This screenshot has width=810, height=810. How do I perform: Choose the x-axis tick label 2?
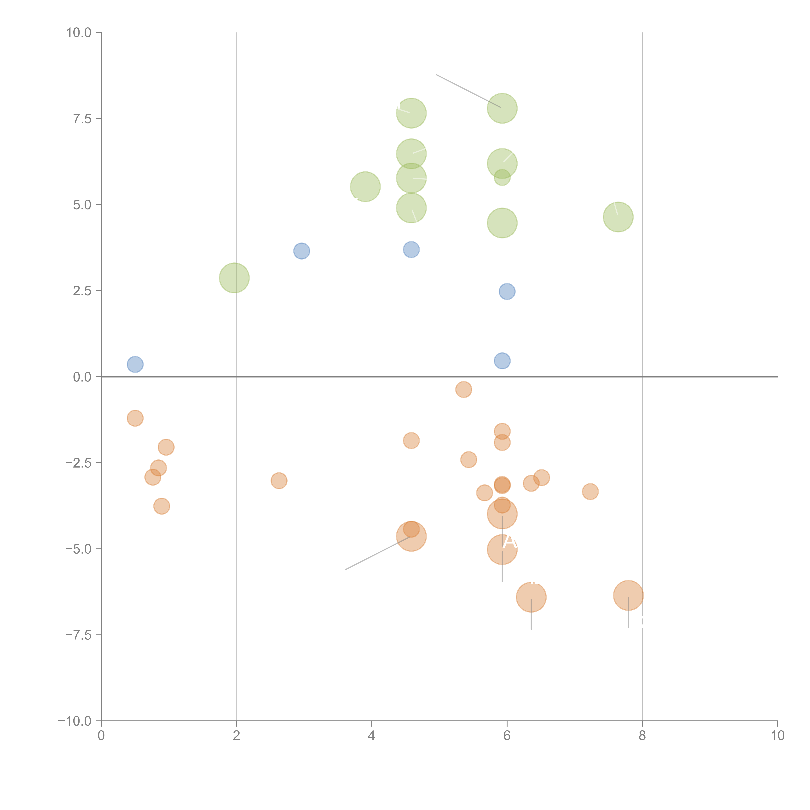tap(237, 736)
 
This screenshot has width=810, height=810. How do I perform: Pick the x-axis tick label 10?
tap(777, 736)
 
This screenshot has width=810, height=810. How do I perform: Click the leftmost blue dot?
tap(135, 364)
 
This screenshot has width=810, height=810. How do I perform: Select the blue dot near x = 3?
tap(301, 251)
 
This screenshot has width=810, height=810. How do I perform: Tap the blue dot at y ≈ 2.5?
tap(507, 291)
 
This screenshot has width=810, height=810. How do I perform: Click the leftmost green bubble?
tap(234, 278)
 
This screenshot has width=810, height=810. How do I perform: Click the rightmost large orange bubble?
tap(628, 595)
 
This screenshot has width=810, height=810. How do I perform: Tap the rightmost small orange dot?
tap(590, 491)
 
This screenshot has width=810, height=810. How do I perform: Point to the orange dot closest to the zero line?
tap(463, 389)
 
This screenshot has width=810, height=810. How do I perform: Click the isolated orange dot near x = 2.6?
tap(279, 480)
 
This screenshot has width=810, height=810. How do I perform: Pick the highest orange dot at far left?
tap(135, 418)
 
